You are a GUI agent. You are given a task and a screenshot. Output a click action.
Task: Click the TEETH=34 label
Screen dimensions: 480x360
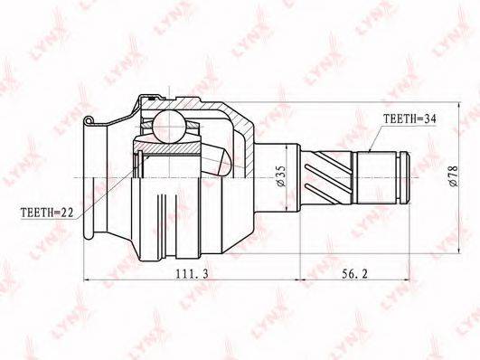click(x=409, y=118)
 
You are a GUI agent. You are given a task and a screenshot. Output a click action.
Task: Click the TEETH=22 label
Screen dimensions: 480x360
click(x=47, y=213)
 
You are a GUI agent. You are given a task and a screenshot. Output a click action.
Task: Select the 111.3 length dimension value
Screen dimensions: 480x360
click(x=192, y=273)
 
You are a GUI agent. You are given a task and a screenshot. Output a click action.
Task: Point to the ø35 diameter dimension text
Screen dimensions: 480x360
click(x=281, y=176)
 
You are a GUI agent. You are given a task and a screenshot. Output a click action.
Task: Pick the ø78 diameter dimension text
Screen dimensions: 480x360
click(x=453, y=176)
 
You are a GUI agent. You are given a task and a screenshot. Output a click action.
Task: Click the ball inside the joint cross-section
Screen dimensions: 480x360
click(x=169, y=127)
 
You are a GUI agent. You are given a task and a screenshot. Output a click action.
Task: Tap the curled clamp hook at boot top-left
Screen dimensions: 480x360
click(x=88, y=119)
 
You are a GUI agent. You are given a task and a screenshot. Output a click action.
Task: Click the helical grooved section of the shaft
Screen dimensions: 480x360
click(x=327, y=177)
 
